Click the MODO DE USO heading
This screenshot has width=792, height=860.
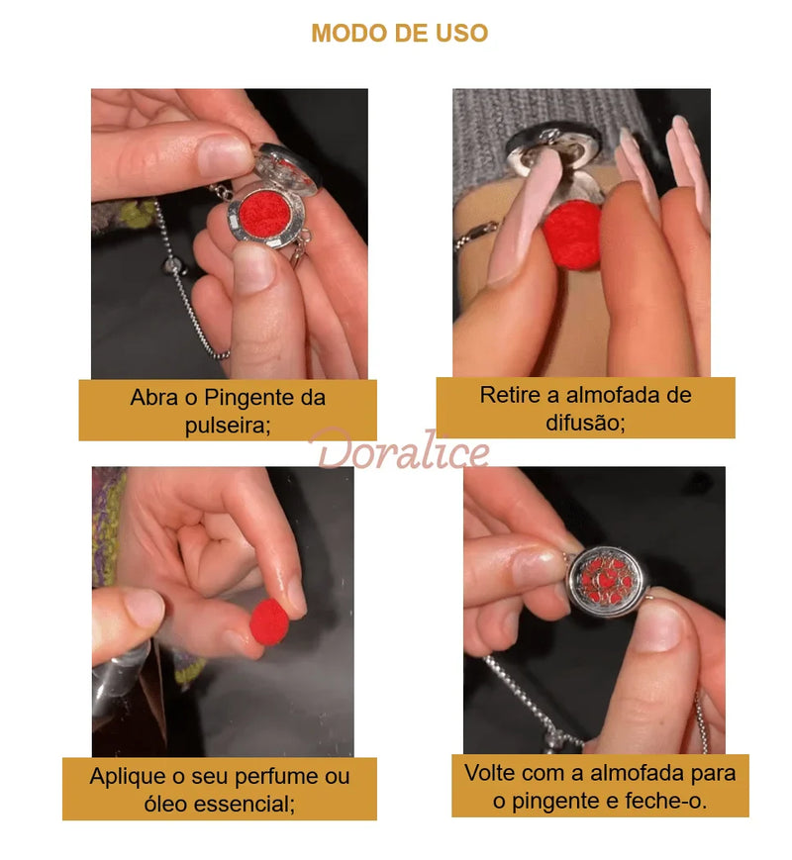click(399, 33)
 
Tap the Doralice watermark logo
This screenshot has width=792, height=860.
click(399, 451)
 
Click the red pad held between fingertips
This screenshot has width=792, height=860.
click(268, 620)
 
